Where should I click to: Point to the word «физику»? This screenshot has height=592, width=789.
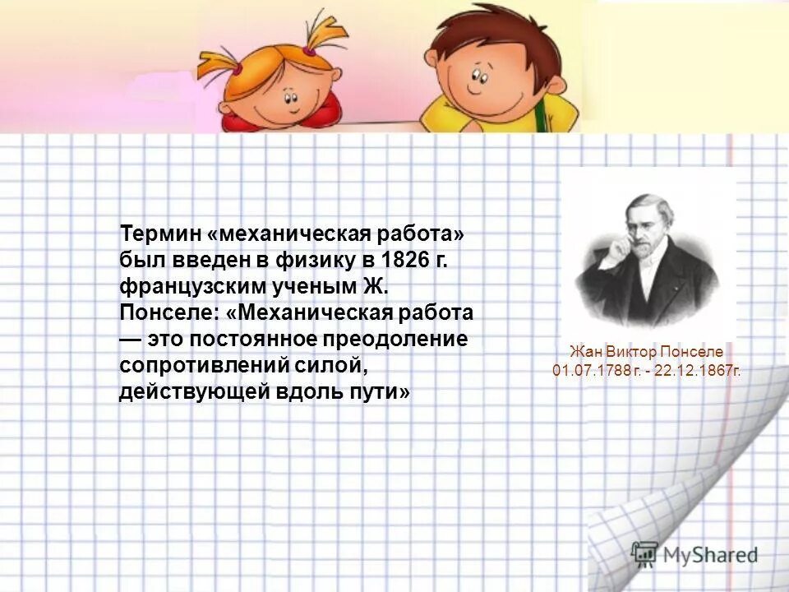[x=316, y=261]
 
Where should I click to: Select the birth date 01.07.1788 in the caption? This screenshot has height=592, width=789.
[x=591, y=371]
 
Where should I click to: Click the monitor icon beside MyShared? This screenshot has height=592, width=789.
[x=644, y=553]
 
